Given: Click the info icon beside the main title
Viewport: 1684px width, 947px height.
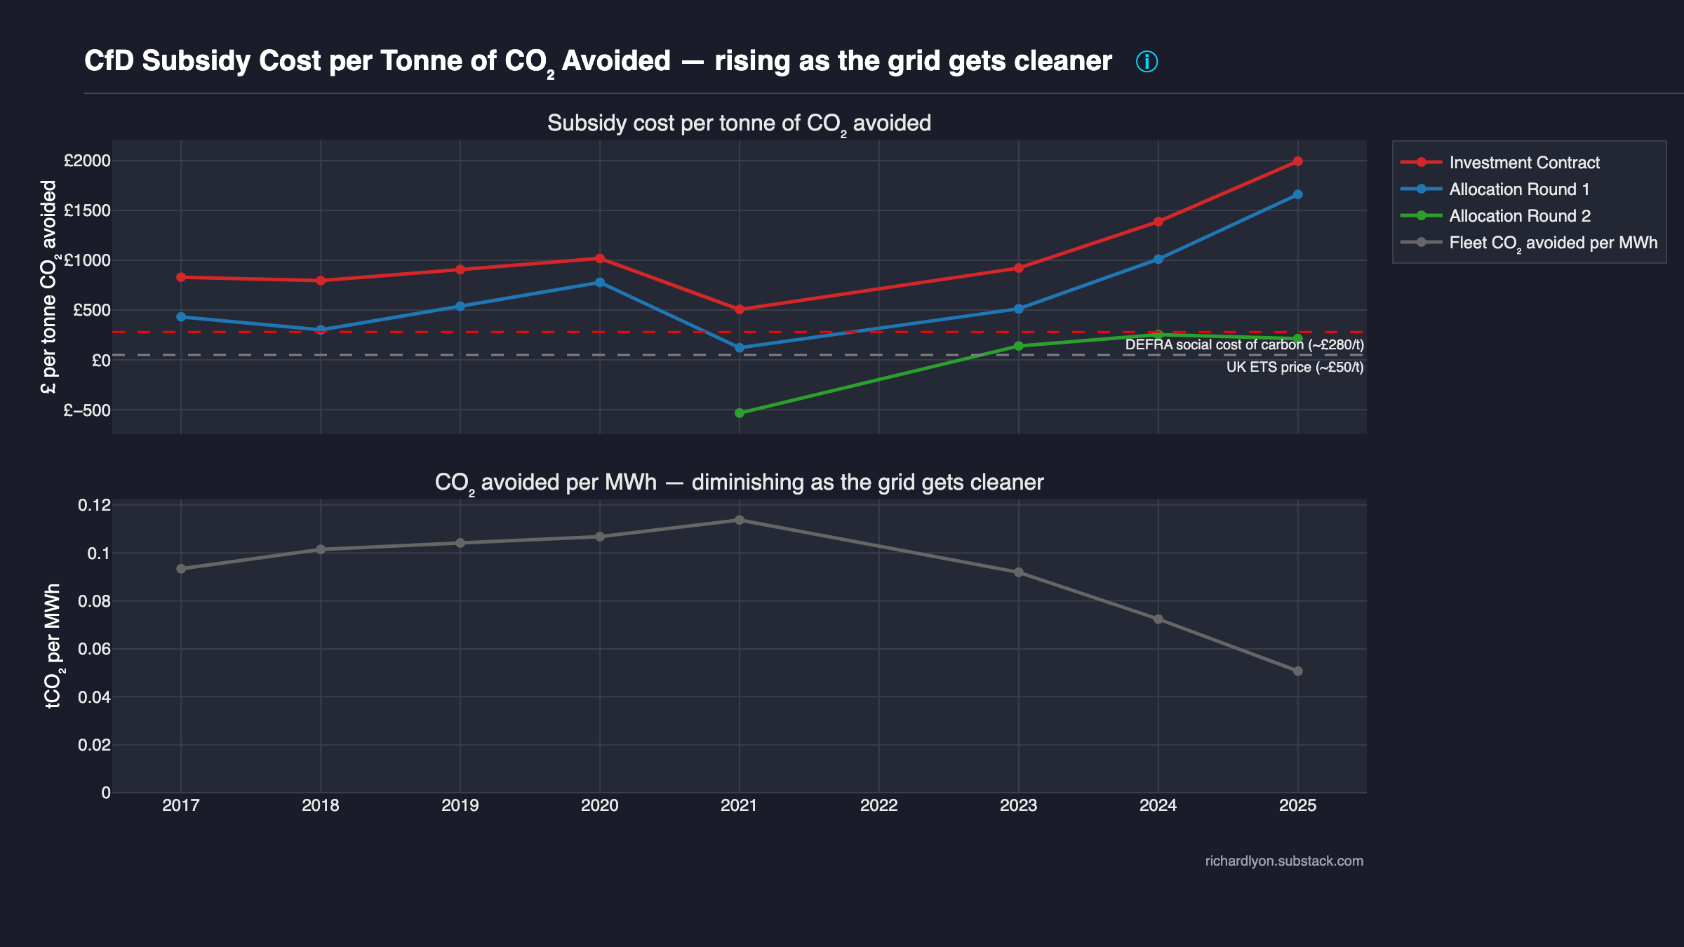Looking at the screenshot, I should point(1147,62).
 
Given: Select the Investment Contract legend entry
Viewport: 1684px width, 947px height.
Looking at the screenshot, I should point(1524,163).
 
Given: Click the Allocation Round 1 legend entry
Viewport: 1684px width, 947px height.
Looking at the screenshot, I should point(1518,189).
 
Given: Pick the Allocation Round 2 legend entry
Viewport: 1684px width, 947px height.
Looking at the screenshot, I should point(1519,216).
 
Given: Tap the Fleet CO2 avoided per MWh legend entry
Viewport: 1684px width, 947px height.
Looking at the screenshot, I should point(1553,243).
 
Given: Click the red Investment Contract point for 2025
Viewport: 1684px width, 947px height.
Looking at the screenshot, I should point(1297,161).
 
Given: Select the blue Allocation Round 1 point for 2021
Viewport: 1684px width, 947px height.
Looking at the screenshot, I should point(740,348).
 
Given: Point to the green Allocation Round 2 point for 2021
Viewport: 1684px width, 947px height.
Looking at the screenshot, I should point(740,413).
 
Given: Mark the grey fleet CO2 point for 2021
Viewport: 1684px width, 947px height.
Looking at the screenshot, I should point(740,520).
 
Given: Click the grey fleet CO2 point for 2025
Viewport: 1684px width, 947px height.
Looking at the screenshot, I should point(1297,671).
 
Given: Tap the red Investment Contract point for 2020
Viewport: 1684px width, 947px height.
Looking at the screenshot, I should point(600,258).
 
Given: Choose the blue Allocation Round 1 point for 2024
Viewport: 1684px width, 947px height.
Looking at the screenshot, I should point(1158,260).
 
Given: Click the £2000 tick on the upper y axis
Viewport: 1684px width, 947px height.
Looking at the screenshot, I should point(87,161).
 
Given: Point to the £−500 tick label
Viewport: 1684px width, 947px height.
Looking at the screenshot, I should point(87,410).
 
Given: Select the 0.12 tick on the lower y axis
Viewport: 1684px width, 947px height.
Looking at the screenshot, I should point(94,505).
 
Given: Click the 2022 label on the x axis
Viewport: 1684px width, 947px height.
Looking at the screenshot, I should point(878,805).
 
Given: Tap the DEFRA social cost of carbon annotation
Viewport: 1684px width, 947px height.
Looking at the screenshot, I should point(1244,345).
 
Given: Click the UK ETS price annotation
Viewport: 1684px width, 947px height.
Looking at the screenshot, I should point(1295,368).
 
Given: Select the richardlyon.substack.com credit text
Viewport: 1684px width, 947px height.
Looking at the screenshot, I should point(1284,861).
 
